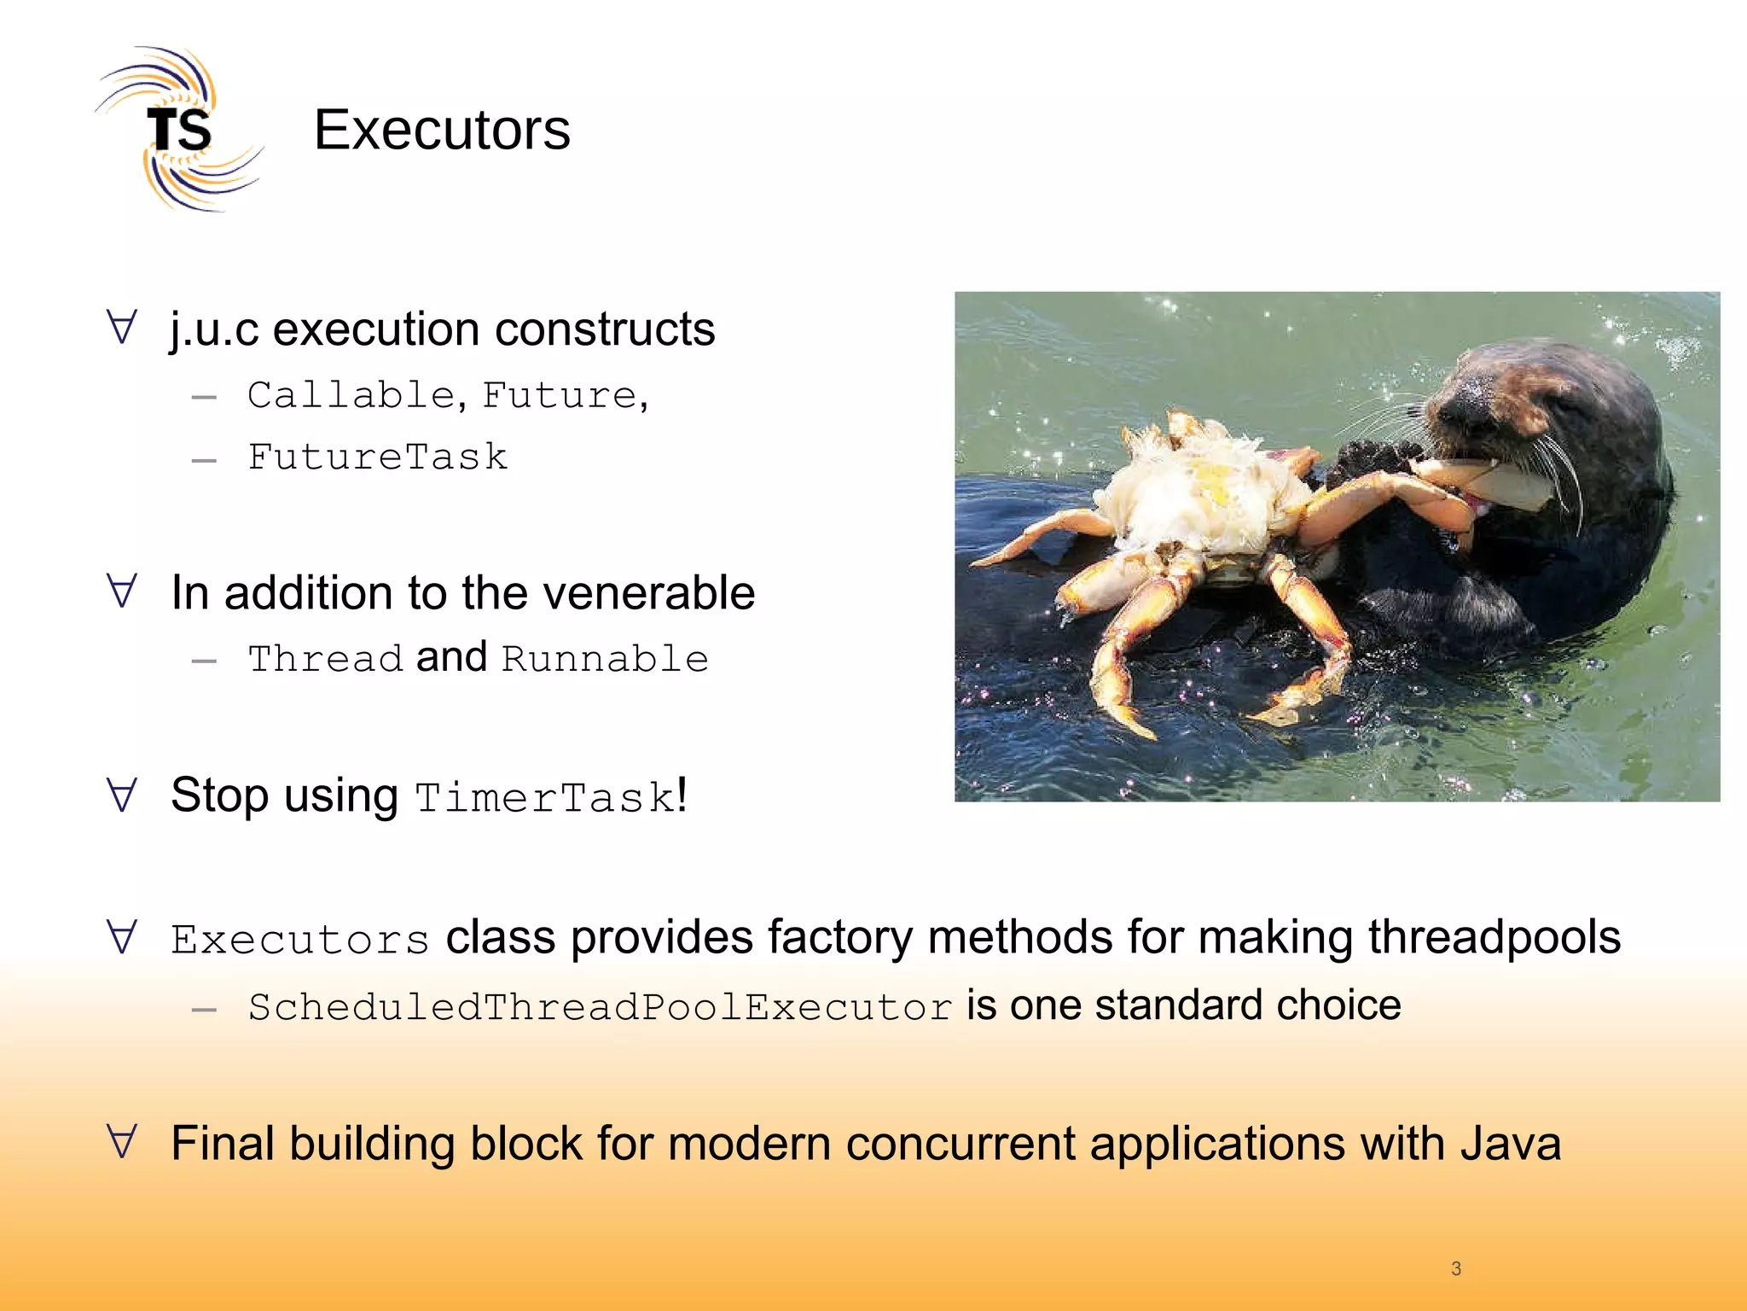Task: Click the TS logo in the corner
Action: [178, 130]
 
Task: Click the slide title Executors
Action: [441, 130]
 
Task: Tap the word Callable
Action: [351, 395]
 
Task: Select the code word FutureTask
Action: [377, 457]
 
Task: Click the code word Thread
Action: [325, 659]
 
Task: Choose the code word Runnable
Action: [605, 659]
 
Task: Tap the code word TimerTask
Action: [544, 798]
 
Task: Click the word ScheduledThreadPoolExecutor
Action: [600, 1007]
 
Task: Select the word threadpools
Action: [1494, 937]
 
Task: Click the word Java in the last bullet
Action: [1510, 1144]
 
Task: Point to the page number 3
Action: [1456, 1268]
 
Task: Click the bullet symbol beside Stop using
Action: [122, 794]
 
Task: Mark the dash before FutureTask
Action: [204, 460]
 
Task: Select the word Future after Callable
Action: [559, 395]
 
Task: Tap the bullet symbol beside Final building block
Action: [122, 1141]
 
